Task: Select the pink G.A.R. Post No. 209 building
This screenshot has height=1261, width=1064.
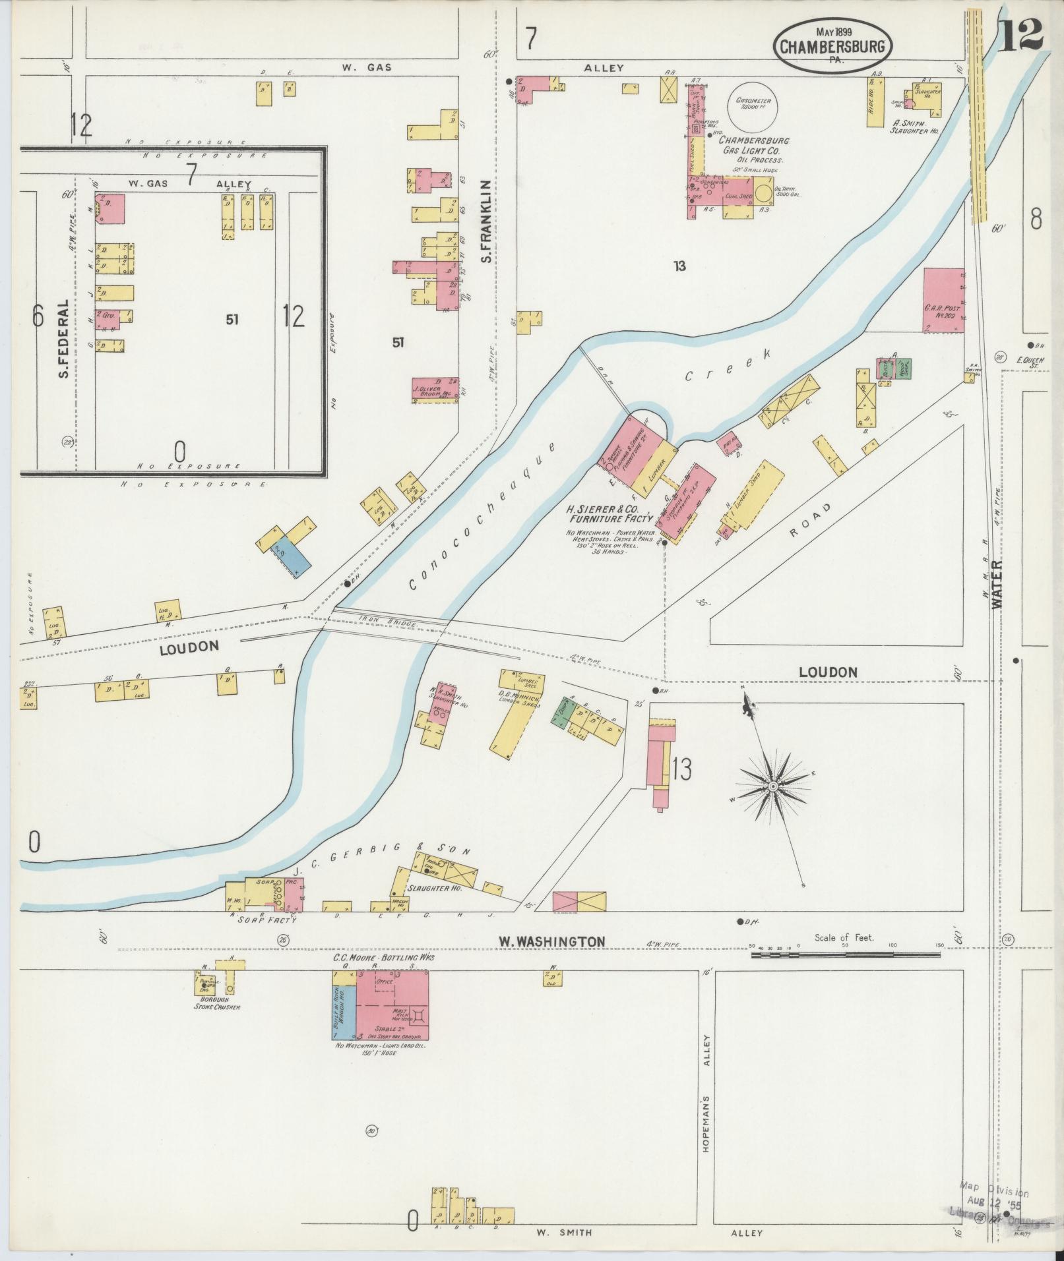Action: pyautogui.click(x=943, y=300)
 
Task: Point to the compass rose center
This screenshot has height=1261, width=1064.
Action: pyautogui.click(x=772, y=787)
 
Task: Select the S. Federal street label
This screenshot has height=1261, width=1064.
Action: pyautogui.click(x=64, y=339)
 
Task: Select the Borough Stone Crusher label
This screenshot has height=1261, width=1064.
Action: pyautogui.click(x=217, y=1006)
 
